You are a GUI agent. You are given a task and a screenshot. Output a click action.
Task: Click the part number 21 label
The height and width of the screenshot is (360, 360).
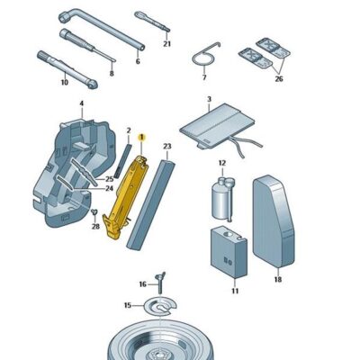pyautogui.click(x=166, y=43)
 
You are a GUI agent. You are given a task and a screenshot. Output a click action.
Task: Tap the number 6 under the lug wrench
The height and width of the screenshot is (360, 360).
pyautogui.click(x=138, y=61)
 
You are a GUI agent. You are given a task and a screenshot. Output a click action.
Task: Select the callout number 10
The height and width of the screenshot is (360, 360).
pyautogui.click(x=64, y=82)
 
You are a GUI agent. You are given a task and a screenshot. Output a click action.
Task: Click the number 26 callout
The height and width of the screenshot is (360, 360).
pyautogui.click(x=277, y=77)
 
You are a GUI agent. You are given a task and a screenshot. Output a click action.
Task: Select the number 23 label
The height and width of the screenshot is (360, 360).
pyautogui.click(x=166, y=146)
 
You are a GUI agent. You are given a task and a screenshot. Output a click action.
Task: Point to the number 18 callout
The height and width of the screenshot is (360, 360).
pyautogui.click(x=277, y=280)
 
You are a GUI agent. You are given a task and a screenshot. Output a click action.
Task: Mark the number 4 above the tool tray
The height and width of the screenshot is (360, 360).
pyautogui.click(x=81, y=104)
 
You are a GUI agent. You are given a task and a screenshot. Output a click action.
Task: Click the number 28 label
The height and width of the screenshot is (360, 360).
pyautogui.click(x=94, y=228)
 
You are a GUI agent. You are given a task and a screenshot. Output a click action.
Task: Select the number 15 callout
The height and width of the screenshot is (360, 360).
pyautogui.click(x=128, y=305)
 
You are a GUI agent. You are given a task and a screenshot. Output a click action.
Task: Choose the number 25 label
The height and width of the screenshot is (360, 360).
pyautogui.click(x=109, y=179)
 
